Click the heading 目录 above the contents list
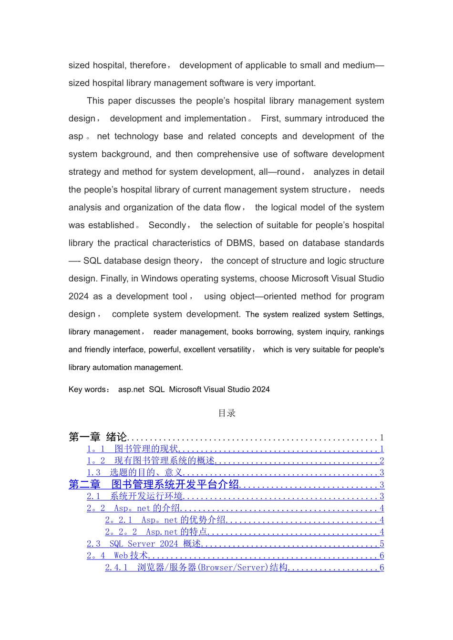(x=226, y=413)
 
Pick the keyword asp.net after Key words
(x=131, y=390)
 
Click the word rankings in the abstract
(x=369, y=332)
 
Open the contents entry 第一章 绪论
(x=98, y=437)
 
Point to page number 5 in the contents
(x=381, y=544)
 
